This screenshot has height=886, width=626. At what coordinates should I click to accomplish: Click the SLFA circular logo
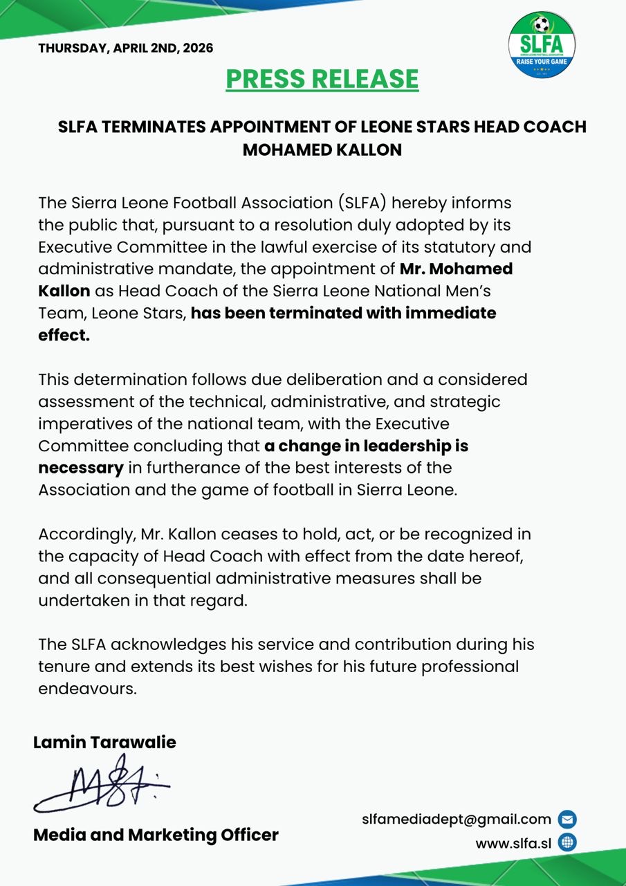(542, 46)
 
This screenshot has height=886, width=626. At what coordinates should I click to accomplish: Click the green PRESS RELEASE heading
(322, 79)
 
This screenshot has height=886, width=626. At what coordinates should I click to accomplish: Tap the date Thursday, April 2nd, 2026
(125, 48)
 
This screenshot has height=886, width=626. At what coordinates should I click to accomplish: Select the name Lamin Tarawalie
(104, 743)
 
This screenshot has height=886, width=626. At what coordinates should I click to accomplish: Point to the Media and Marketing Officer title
(156, 835)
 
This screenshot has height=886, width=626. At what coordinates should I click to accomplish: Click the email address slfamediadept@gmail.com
(457, 819)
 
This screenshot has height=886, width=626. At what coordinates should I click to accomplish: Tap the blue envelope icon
(567, 820)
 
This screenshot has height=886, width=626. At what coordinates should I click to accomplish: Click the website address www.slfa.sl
(513, 843)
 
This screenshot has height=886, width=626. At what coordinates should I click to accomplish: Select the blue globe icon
(567, 843)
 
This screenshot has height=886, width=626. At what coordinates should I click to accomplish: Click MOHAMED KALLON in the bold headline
(322, 150)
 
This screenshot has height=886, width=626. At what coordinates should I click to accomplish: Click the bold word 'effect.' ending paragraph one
(64, 336)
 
